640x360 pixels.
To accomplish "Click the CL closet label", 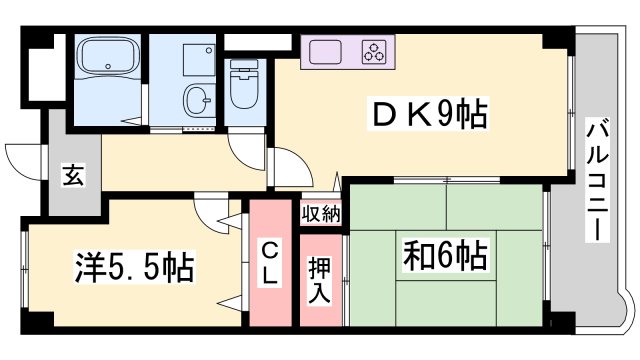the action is [x=271, y=262].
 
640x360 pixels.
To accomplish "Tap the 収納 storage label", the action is [x=321, y=213].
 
